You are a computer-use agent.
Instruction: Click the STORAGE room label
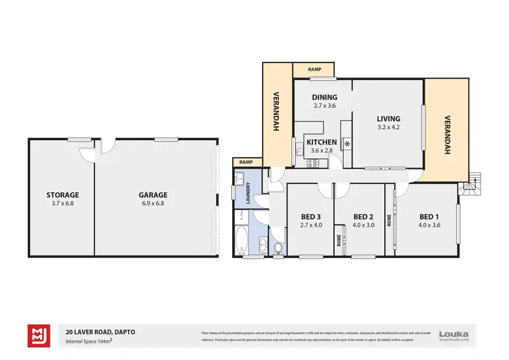coord(62,195)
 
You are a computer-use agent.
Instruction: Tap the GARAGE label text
coord(154,195)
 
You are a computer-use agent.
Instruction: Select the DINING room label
coord(324,97)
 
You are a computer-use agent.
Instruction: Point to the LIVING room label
coord(389,118)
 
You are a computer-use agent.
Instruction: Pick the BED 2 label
coord(364,217)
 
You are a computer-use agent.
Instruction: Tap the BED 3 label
coord(311,217)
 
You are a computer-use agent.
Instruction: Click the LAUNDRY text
coord(249,194)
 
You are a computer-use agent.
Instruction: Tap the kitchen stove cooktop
coord(314,163)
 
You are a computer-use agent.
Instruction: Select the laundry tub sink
coord(239,179)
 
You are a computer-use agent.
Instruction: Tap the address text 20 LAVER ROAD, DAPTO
coord(96,330)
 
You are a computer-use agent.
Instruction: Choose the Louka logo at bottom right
coord(454,334)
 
